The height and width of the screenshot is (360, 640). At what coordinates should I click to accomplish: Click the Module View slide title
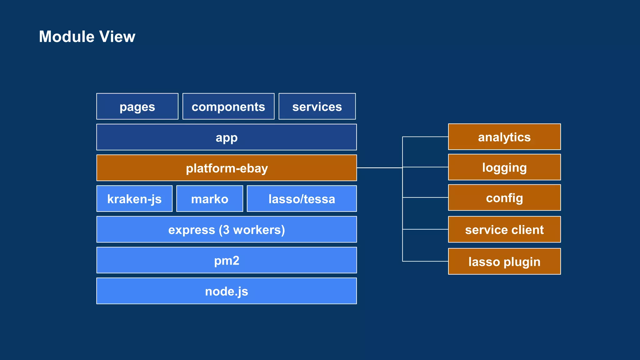[x=87, y=37]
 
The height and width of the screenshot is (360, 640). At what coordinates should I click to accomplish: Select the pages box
[x=137, y=107]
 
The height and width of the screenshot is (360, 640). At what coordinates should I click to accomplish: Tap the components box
[x=228, y=107]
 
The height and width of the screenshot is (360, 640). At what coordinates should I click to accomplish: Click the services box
[x=317, y=107]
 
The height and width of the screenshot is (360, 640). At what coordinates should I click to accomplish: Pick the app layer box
[x=227, y=137]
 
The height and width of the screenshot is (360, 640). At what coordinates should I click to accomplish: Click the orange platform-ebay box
[x=227, y=168]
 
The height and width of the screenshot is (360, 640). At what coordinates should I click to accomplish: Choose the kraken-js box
[x=134, y=199]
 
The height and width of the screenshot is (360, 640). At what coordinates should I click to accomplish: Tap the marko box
[x=210, y=199]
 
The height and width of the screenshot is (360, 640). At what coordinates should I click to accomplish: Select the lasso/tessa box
[x=302, y=199]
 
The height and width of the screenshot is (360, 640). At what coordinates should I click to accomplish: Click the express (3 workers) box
[x=227, y=229]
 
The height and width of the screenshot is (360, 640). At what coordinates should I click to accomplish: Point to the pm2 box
[x=227, y=260]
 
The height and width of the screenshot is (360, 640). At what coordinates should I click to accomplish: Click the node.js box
[x=227, y=291]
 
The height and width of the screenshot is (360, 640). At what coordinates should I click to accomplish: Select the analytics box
[x=504, y=137]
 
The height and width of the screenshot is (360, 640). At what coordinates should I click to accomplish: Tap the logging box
[x=504, y=167]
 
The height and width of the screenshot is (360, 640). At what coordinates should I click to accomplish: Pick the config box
[x=504, y=197]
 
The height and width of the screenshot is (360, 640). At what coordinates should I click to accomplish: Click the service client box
[x=504, y=229]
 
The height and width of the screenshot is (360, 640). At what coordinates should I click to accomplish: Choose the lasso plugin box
[x=504, y=262]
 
